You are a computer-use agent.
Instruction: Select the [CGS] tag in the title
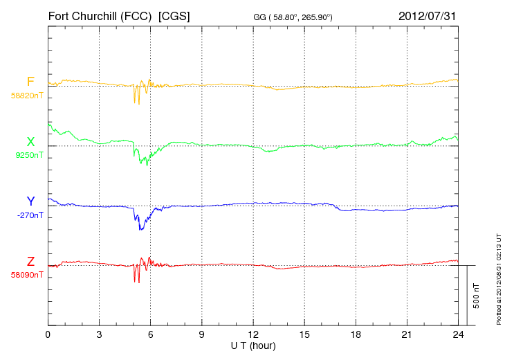pyautogui.click(x=174, y=15)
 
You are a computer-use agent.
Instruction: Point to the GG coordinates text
pyautogui.click(x=293, y=16)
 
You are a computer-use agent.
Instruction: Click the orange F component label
pyautogui.click(x=30, y=82)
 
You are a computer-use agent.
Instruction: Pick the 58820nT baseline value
pyautogui.click(x=26, y=96)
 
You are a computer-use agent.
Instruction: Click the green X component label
pyautogui.click(x=30, y=142)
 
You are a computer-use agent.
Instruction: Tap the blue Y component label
pyautogui.click(x=30, y=201)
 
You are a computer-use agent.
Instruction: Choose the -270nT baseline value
pyautogui.click(x=28, y=215)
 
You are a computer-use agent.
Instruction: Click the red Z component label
pyautogui.click(x=30, y=261)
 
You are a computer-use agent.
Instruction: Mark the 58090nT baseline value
pyautogui.click(x=26, y=275)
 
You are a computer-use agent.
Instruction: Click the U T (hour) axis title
pyautogui.click(x=253, y=345)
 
